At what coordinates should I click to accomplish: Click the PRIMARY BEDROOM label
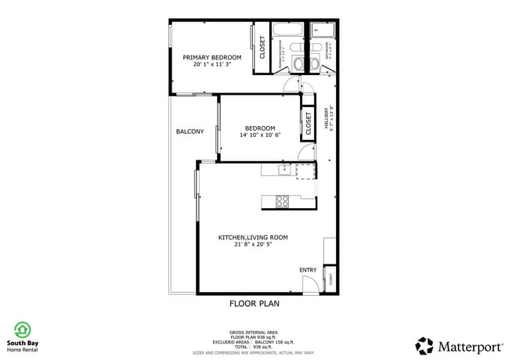pos(211,57)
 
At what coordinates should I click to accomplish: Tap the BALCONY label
pos(190,131)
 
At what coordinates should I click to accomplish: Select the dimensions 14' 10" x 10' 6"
pos(259,135)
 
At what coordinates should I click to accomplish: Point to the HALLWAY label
pos(330,119)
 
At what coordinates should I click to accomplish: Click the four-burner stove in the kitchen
pos(283,202)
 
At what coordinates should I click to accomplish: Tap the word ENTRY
pos(308,271)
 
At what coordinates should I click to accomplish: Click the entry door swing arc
pos(310,286)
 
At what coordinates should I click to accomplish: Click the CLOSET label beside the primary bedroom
pos(262,49)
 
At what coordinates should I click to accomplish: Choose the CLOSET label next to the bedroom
pos(308,122)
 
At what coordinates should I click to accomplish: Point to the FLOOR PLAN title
pos(254,303)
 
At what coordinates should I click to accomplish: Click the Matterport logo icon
pos(424,345)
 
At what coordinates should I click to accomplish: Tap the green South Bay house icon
pos(23,329)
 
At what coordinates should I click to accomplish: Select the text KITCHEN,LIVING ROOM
pos(253,237)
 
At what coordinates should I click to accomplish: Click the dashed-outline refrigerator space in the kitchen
pos(304,171)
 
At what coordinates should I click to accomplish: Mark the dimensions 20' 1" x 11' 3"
pos(211,64)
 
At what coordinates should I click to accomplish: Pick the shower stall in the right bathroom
pos(322,31)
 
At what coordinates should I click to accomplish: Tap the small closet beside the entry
pos(331,279)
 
